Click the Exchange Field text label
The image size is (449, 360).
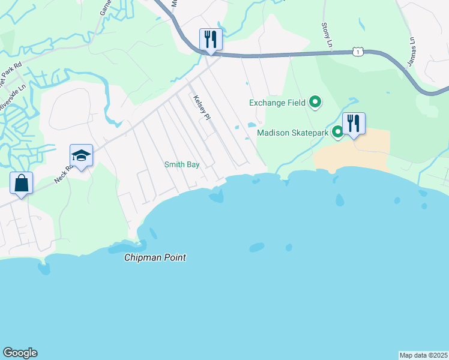pyautogui.click(x=278, y=103)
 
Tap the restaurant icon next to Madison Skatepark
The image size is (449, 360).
pyautogui.click(x=354, y=124)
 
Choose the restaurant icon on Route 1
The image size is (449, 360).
pyautogui.click(x=211, y=40)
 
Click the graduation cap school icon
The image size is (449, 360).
pyautogui.click(x=81, y=156)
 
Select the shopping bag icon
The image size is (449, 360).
pyautogui.click(x=21, y=183)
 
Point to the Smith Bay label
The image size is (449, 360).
pyautogui.click(x=182, y=164)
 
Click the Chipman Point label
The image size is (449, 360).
pyautogui.click(x=155, y=257)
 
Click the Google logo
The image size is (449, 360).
pyautogui.click(x=20, y=353)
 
